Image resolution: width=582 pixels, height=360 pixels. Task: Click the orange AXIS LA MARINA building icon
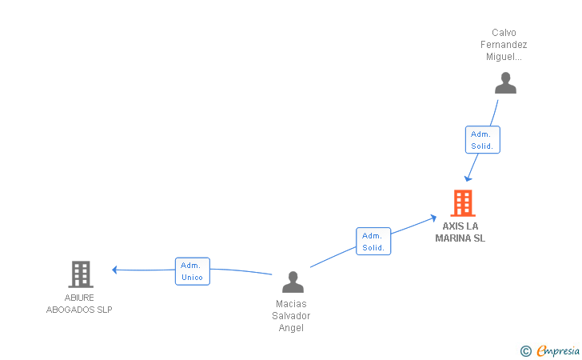(463, 203)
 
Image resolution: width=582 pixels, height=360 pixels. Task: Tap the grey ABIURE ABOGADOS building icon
(80, 274)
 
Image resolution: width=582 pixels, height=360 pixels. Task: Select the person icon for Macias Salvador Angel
(293, 282)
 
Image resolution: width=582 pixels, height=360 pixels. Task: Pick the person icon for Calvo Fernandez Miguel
(505, 83)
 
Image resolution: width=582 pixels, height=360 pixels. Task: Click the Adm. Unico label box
(192, 271)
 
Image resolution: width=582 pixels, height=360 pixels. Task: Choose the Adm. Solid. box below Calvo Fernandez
(482, 140)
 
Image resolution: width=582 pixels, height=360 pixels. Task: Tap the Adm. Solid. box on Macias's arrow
(373, 242)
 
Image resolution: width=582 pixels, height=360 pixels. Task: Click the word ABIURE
(80, 298)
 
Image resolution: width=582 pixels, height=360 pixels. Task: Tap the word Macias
(291, 304)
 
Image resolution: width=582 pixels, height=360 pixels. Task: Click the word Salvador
(291, 316)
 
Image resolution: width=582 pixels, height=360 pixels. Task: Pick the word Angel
(291, 328)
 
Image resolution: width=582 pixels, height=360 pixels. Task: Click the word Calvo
(504, 33)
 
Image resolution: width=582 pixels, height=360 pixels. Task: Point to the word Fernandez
(504, 45)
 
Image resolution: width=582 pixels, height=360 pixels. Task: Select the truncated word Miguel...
(504, 57)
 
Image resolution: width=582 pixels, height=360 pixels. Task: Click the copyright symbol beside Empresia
(525, 350)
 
